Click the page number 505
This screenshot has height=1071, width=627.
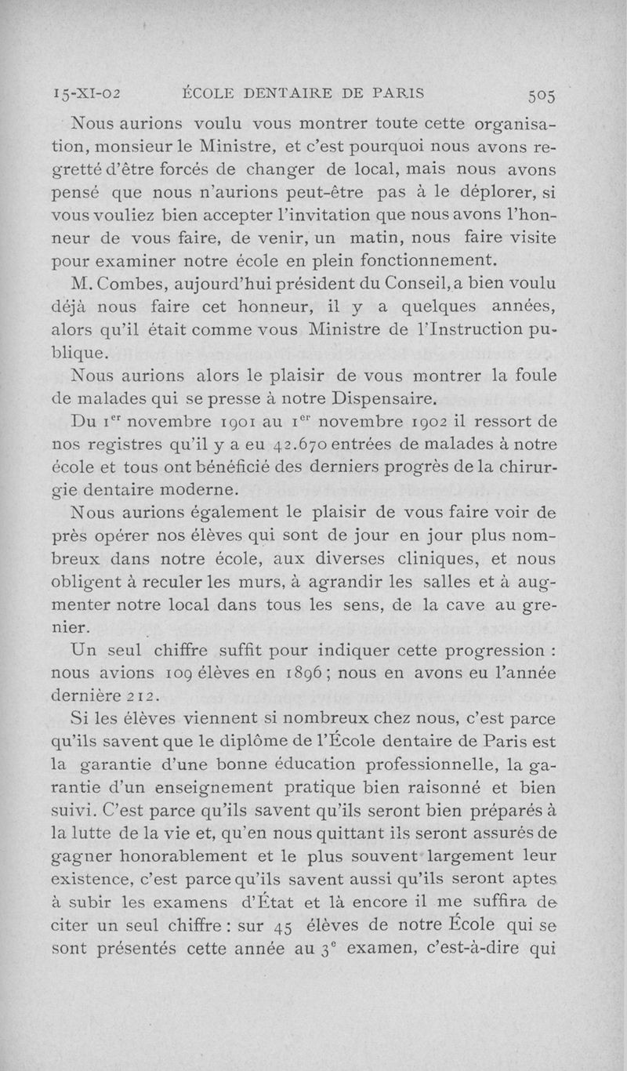point(542,96)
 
